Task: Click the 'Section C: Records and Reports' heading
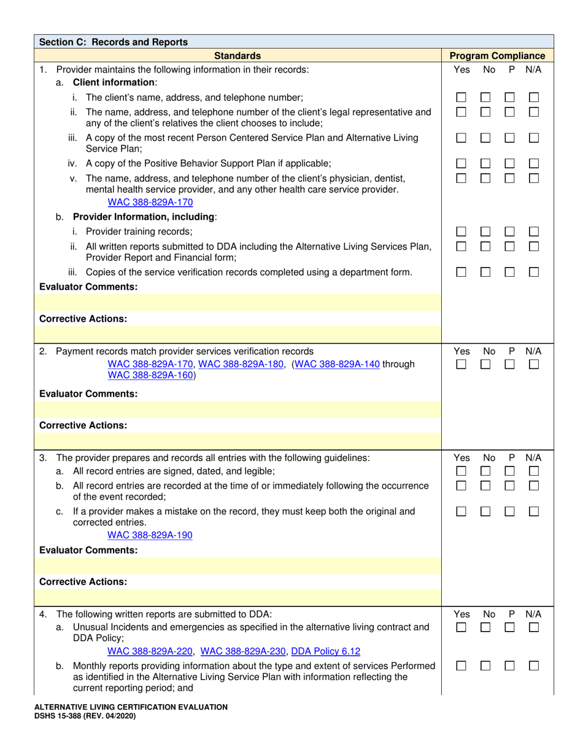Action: pos(114,42)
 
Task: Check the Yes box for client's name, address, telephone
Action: pos(461,97)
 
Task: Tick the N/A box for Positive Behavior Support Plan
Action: pos(534,163)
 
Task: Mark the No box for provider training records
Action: pos(485,231)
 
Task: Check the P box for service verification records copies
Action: pos(509,272)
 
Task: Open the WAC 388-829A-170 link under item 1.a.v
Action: pos(150,202)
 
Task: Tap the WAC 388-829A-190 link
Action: pos(150,535)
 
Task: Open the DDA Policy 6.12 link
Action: pos(325,651)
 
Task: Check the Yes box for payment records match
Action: pos(461,365)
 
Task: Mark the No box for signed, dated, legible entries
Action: pos(485,471)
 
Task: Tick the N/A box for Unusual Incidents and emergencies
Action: pos(534,627)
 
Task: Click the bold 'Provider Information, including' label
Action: pos(144,217)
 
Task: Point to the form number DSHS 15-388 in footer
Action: pos(86,716)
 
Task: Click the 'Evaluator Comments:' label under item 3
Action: pos(88,550)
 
